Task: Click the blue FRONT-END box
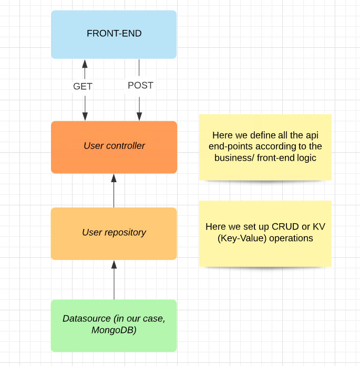click(114, 34)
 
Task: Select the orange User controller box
click(114, 147)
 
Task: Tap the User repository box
click(114, 234)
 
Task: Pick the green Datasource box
click(114, 326)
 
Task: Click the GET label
click(83, 86)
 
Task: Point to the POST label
click(140, 86)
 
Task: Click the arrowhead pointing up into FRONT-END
click(85, 64)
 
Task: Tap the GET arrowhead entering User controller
click(85, 116)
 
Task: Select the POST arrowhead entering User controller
click(139, 116)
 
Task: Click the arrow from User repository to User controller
click(114, 191)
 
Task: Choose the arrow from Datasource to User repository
click(114, 280)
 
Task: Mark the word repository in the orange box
click(125, 233)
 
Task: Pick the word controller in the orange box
click(127, 145)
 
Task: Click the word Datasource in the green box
click(87, 318)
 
